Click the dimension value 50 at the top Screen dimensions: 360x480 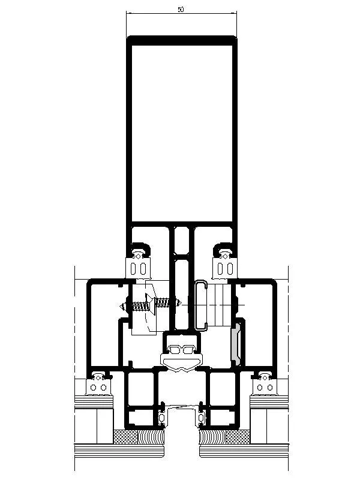pyautogui.click(x=181, y=10)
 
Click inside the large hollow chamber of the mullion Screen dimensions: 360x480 pyautogui.click(x=182, y=133)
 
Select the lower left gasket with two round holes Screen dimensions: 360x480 pyautogui.click(x=98, y=385)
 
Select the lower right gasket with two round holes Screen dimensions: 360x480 pyautogui.click(x=265, y=385)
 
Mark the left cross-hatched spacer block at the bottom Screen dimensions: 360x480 pyautogui.click(x=125, y=437)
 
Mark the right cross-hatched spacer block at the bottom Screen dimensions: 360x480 pyautogui.click(x=238, y=437)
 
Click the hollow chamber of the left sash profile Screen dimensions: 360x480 pyautogui.click(x=104, y=325)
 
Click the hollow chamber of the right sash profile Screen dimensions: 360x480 pyautogui.click(x=258, y=325)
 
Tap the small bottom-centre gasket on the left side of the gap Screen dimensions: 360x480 pyautogui.click(x=162, y=416)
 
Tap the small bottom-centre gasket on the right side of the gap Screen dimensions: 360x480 pyautogui.click(x=201, y=416)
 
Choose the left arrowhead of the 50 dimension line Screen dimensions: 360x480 pyautogui.click(x=128, y=13)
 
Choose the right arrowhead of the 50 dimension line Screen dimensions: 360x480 pyautogui.click(x=235, y=13)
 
